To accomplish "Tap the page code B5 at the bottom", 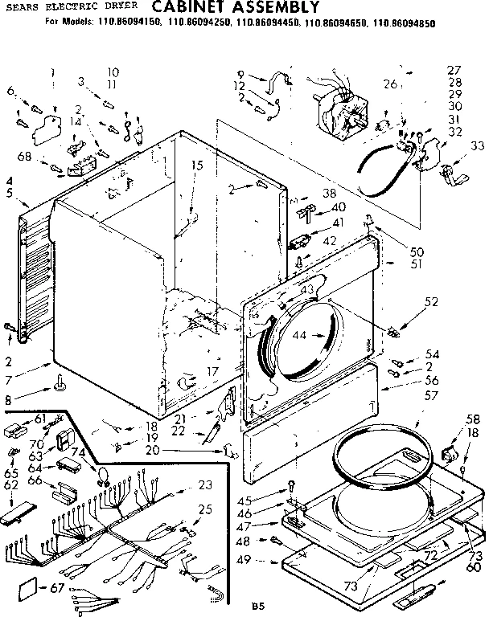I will pyautogui.click(x=257, y=604).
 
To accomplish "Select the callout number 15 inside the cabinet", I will pyautogui.click(x=196, y=165).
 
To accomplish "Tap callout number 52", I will pyautogui.click(x=431, y=302).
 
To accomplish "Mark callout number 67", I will pyautogui.click(x=55, y=589).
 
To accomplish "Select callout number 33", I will pyautogui.click(x=477, y=146).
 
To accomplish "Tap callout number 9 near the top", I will pyautogui.click(x=240, y=75).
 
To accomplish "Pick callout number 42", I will pyautogui.click(x=330, y=239).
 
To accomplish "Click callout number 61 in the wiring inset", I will pyautogui.click(x=39, y=418).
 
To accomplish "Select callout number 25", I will pyautogui.click(x=205, y=509).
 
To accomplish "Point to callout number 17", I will pyautogui.click(x=212, y=371).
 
